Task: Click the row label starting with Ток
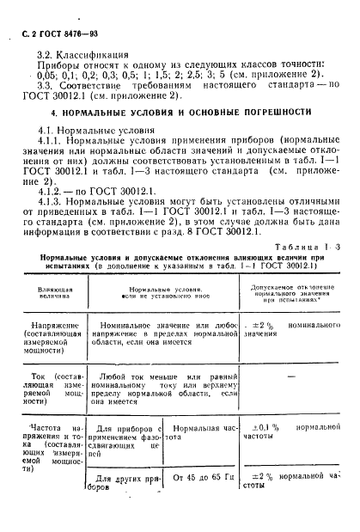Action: pyautogui.click(x=59, y=388)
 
